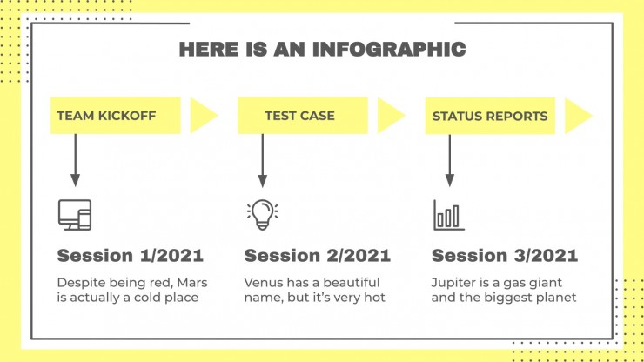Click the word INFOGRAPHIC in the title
coord(389,49)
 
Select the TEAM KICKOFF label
coord(106,116)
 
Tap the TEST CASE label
coord(299,116)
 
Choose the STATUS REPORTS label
coord(490,117)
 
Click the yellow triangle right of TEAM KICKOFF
coord(201,116)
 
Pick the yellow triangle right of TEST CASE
coord(389,116)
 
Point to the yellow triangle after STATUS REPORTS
coord(576,116)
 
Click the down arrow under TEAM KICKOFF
coord(75,160)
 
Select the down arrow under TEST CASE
coord(263,160)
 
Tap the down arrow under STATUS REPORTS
coord(450,160)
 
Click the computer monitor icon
coord(75,214)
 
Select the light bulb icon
coord(263,214)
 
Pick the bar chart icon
coord(449,215)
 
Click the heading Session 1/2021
coord(131,256)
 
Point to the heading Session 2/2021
coord(318,256)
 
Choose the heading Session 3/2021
coord(505,256)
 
